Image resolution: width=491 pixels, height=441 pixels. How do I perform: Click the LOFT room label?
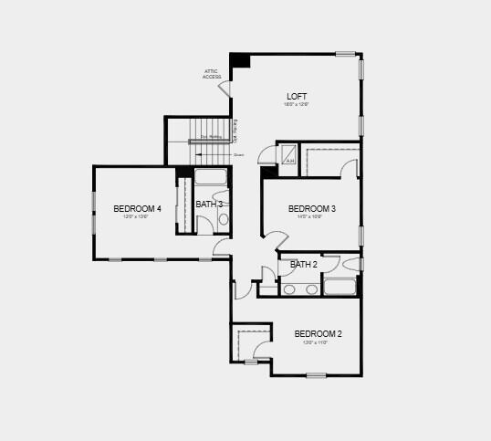(297, 97)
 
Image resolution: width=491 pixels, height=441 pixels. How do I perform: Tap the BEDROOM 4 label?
(137, 209)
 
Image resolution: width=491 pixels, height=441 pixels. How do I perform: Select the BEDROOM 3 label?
(311, 209)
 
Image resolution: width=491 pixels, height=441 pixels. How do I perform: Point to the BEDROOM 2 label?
(318, 334)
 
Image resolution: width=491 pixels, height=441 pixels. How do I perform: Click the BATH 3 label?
(209, 204)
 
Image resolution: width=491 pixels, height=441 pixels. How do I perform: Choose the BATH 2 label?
(304, 265)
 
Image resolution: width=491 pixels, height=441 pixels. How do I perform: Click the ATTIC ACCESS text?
(212, 74)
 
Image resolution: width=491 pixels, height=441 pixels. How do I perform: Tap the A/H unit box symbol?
(289, 156)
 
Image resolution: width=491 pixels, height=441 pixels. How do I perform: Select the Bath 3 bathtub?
(211, 177)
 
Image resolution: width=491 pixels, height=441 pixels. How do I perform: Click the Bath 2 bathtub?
(340, 288)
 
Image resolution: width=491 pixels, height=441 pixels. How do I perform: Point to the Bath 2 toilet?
(351, 265)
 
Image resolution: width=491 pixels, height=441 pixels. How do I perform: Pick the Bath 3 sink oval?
(224, 219)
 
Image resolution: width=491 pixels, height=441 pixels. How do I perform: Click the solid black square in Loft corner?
(240, 60)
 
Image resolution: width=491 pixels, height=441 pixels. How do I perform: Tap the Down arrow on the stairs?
(226, 155)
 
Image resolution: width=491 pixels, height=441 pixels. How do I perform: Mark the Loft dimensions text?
(297, 105)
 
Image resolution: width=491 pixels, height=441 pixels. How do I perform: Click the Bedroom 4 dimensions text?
(137, 217)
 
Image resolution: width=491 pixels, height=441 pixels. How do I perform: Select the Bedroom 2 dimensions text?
(318, 342)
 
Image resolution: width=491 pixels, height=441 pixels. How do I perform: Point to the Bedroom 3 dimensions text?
(311, 217)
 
